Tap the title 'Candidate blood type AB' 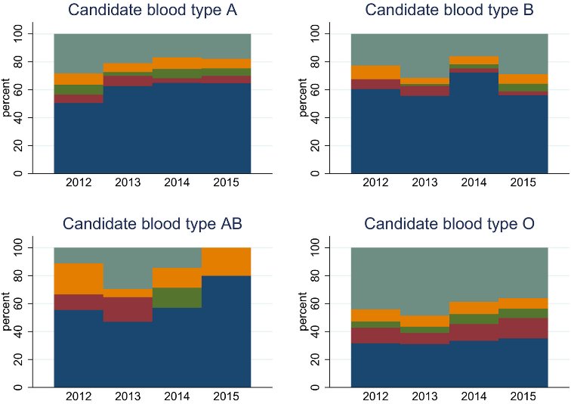click(x=152, y=224)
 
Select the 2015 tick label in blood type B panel click(x=523, y=183)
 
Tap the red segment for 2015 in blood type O click(x=523, y=328)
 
